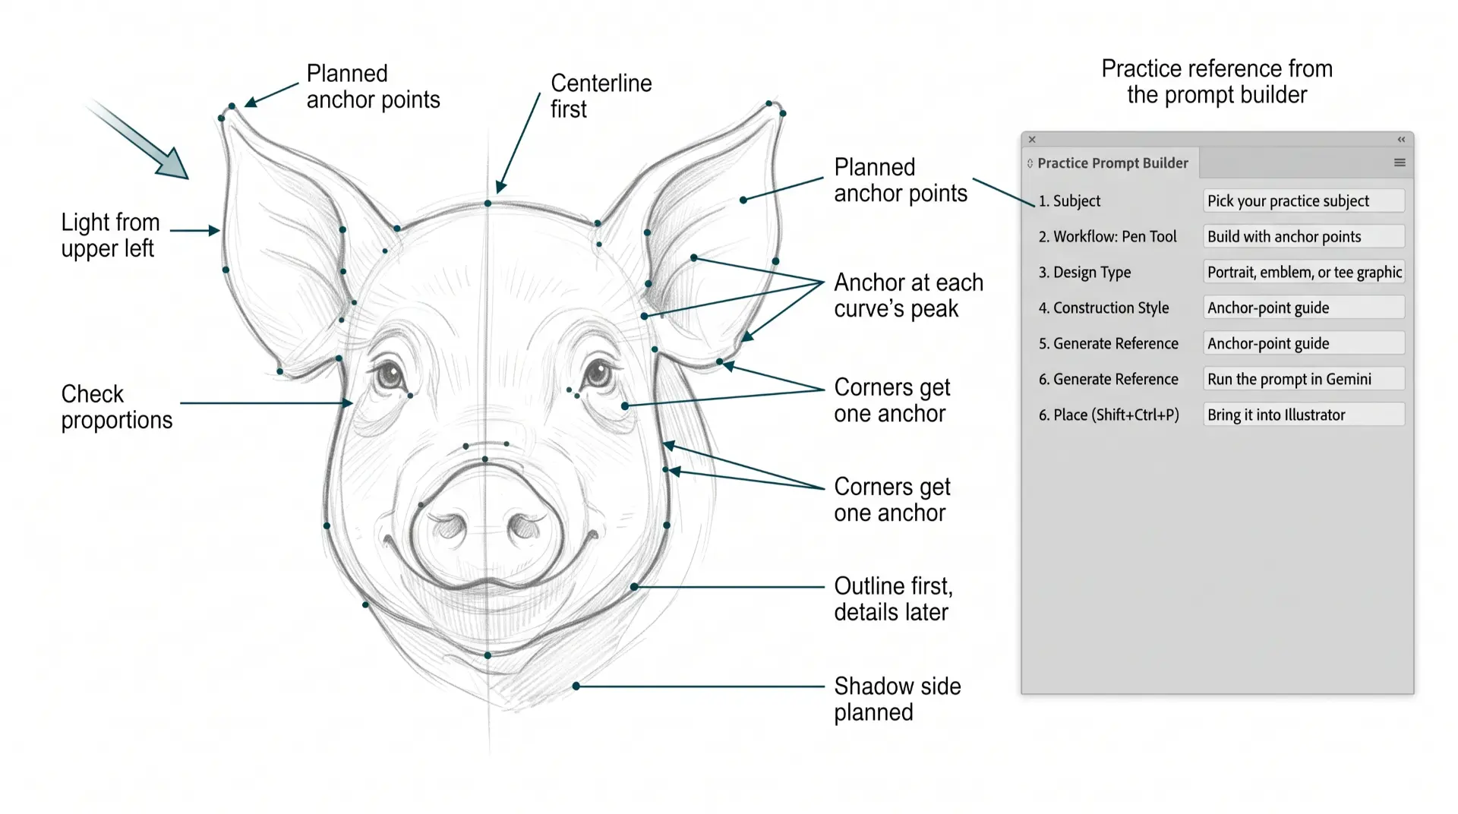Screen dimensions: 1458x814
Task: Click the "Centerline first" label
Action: [x=601, y=96]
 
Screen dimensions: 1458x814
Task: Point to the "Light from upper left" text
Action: [x=110, y=235]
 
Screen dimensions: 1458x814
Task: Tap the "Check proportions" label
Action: [x=117, y=407]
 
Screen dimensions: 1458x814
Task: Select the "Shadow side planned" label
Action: [x=898, y=699]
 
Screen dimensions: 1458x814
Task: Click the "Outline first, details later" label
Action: [x=893, y=599]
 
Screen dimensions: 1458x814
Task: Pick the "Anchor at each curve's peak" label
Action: [x=908, y=295]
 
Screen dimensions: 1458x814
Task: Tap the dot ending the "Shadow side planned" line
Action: [x=576, y=686]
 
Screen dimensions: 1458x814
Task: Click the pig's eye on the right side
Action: [x=598, y=374]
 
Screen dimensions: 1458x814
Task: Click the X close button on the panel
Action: [x=1032, y=140]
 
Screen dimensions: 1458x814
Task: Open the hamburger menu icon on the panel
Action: [x=1400, y=162]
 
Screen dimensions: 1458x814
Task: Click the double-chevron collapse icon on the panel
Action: [x=1401, y=140]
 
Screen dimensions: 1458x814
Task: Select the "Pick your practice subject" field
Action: [x=1304, y=200]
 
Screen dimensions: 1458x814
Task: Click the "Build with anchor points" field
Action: [x=1304, y=236]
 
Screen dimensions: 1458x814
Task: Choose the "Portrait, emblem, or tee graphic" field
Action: [x=1304, y=272]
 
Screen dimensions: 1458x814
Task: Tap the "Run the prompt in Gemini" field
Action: [x=1304, y=379]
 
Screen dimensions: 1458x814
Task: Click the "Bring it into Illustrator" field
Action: [x=1304, y=415]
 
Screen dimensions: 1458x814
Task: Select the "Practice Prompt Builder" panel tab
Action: [x=1111, y=163]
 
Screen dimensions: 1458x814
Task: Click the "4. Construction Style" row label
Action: [x=1103, y=308]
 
